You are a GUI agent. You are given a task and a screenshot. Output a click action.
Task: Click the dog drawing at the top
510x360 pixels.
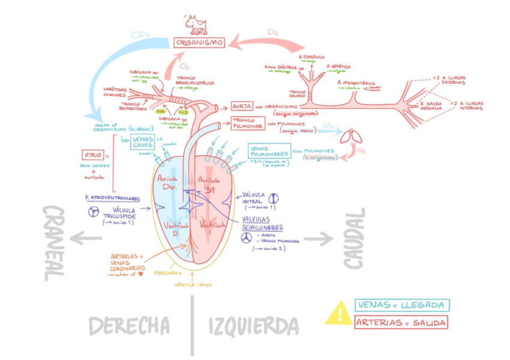(195, 24)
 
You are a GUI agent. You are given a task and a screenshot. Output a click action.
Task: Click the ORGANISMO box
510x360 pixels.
(199, 43)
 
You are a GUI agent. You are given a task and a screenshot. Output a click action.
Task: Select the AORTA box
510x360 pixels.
(242, 106)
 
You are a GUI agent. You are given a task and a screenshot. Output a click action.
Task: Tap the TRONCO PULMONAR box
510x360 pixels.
(247, 123)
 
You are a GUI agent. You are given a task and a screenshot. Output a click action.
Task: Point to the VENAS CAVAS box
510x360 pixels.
(143, 142)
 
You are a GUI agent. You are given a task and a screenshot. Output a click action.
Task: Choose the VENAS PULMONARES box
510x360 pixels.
(269, 150)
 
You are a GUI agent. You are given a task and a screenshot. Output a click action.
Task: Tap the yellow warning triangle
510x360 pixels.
(339, 313)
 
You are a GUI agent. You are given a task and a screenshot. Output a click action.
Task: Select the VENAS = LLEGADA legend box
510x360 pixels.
(402, 305)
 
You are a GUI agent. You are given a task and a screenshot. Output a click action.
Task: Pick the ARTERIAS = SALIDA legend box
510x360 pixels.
(402, 323)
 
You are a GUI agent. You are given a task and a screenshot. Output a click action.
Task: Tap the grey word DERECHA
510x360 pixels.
(129, 326)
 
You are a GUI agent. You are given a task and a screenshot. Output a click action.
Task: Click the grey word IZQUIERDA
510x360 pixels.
(253, 326)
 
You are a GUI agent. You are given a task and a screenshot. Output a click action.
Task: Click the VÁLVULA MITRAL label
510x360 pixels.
(252, 198)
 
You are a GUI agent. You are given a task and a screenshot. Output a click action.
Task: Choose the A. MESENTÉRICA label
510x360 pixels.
(356, 83)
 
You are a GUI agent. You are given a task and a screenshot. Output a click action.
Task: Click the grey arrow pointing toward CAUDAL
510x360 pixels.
(318, 239)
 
